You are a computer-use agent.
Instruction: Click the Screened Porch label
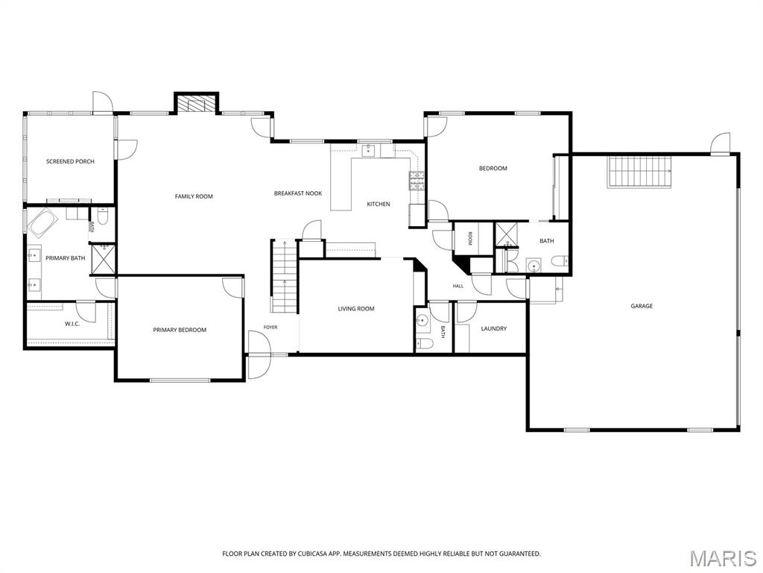[x=70, y=161]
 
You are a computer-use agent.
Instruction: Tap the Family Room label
[x=194, y=196]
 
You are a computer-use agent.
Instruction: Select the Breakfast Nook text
[x=298, y=193]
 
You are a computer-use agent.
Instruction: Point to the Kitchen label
[x=378, y=204]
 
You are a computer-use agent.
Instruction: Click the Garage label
[x=642, y=306]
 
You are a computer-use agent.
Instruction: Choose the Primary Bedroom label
[x=180, y=330]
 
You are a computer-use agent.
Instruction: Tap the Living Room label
[x=356, y=308]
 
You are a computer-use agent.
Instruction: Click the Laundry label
[x=493, y=328]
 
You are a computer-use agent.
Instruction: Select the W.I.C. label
[x=72, y=324]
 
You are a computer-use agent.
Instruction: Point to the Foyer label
[x=270, y=328]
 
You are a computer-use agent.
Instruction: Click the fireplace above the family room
[x=196, y=104]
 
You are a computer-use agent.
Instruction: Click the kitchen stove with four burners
[x=417, y=181]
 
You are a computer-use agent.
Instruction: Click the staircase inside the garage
[x=639, y=172]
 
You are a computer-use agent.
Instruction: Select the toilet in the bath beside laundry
[x=424, y=343]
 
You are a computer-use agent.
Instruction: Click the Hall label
[x=458, y=286]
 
